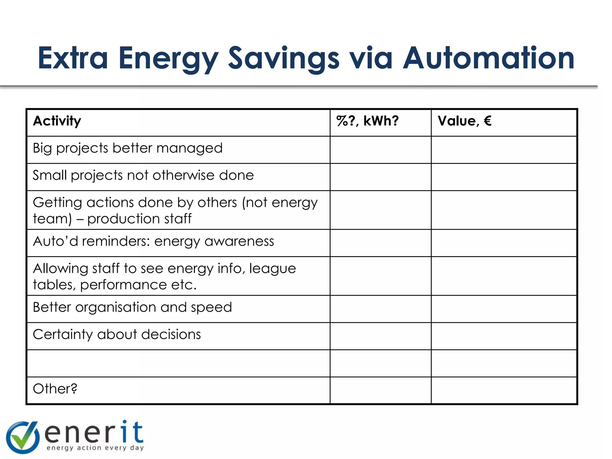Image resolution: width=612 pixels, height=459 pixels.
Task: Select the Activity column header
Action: [57, 121]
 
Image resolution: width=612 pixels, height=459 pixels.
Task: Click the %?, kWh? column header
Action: [367, 121]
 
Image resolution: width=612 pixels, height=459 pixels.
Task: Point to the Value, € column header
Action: [464, 121]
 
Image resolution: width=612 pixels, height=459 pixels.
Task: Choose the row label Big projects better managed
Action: [128, 148]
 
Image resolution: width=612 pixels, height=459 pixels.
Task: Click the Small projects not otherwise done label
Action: [143, 175]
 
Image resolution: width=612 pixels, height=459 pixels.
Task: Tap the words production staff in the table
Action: [139, 219]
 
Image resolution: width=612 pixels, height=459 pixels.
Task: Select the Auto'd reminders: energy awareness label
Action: [153, 241]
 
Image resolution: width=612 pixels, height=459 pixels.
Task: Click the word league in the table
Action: [273, 268]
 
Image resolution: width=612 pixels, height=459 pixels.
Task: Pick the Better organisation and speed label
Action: [132, 307]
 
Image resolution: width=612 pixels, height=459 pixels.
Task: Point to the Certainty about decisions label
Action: [117, 334]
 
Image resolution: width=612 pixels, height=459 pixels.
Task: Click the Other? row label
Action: [55, 389]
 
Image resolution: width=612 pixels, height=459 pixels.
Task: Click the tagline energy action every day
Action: [95, 448]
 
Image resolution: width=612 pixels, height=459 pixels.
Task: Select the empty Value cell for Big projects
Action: [504, 150]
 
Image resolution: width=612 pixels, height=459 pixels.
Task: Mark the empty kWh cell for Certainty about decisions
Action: [380, 336]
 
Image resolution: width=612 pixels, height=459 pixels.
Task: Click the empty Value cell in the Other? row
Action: [504, 391]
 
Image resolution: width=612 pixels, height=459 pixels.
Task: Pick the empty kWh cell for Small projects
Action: [380, 177]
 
